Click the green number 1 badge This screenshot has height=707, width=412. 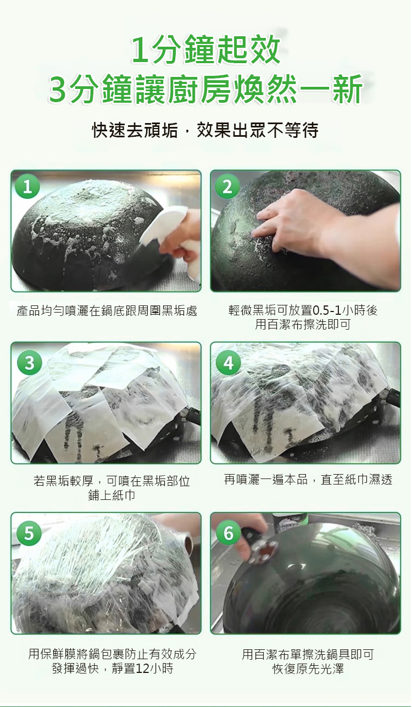tap(27, 187)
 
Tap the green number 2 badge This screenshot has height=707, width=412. tap(227, 187)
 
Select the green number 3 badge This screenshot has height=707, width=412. tap(29, 363)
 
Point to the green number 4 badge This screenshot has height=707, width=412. tap(229, 363)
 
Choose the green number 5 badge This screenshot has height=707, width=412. tap(29, 533)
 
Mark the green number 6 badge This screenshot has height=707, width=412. tap(229, 533)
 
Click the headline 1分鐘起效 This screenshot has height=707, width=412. tap(206, 51)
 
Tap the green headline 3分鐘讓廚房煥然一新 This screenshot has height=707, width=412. tap(206, 90)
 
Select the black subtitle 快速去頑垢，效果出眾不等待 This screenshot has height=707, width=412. tap(205, 130)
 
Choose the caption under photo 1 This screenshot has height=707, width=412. tap(107, 311)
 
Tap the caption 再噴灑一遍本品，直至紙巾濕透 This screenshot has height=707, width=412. tap(308, 480)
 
